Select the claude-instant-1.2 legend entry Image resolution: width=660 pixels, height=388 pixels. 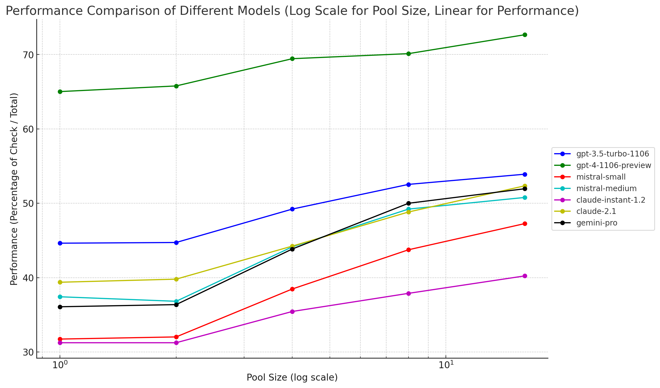[x=611, y=200]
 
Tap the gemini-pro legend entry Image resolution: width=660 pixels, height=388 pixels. [x=597, y=223]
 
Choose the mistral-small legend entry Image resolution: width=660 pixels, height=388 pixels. [x=601, y=177]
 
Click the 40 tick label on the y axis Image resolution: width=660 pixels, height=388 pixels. [x=27, y=278]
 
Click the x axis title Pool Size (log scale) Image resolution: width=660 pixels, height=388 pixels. [x=292, y=378]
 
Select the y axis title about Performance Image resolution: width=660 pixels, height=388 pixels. [x=14, y=189]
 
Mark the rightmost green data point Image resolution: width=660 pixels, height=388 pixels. [x=524, y=35]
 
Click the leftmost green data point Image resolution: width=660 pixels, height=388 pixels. [x=60, y=92]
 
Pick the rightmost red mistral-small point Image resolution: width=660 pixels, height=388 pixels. [x=524, y=224]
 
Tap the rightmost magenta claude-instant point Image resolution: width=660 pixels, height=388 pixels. [x=524, y=276]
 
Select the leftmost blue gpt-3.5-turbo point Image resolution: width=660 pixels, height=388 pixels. [x=60, y=243]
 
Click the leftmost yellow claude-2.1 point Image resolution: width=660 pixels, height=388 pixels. [x=60, y=282]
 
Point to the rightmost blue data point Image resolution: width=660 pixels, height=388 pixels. [x=524, y=174]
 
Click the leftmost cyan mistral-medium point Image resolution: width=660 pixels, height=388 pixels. [x=60, y=297]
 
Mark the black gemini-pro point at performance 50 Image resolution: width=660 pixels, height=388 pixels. [x=408, y=203]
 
